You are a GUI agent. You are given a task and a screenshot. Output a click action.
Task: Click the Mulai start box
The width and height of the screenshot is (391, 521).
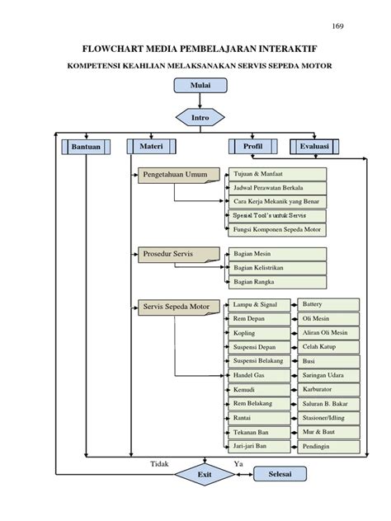(x=200, y=85)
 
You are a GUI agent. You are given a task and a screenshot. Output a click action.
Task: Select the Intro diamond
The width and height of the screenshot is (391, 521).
(x=200, y=118)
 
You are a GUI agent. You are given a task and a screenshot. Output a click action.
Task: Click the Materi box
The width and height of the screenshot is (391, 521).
(x=151, y=146)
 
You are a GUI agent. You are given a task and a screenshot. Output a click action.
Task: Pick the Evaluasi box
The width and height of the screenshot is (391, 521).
(x=315, y=147)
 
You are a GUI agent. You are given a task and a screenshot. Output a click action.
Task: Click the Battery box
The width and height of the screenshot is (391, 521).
(x=327, y=305)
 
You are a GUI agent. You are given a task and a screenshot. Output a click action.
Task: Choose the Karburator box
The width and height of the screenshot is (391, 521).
(x=327, y=390)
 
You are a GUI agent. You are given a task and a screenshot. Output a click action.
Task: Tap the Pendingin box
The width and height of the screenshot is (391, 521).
(x=327, y=447)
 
